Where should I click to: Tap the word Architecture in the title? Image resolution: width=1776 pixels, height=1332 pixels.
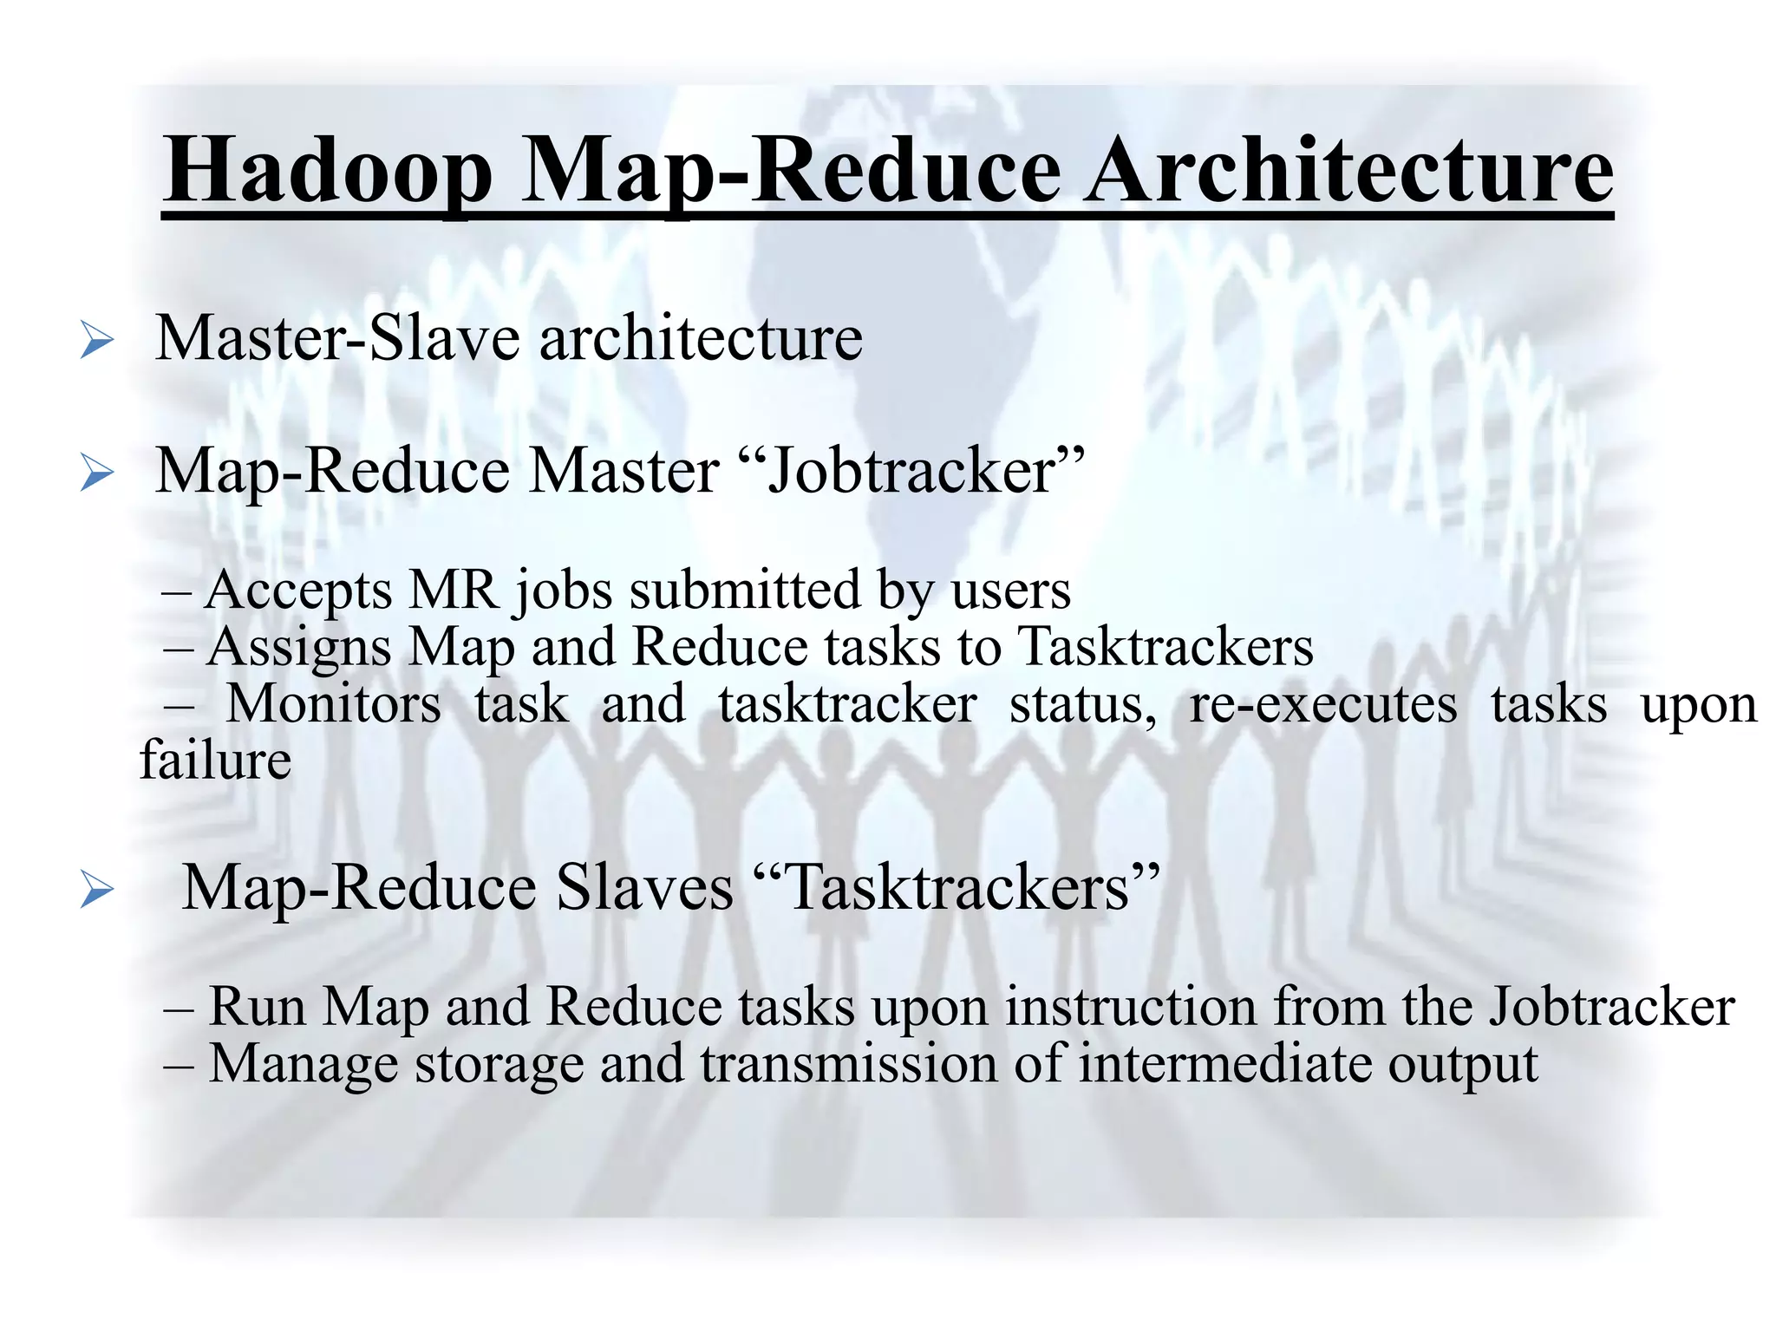[x=1348, y=171]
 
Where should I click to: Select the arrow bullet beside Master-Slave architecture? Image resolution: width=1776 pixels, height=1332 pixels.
[x=96, y=340]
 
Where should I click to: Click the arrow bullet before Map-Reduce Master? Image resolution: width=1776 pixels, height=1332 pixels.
[x=96, y=473]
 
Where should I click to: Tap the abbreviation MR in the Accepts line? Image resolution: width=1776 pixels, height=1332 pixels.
[x=454, y=591]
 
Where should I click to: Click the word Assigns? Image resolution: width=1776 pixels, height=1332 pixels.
[x=298, y=649]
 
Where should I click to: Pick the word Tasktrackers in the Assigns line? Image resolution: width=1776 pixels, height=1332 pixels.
[x=1165, y=647]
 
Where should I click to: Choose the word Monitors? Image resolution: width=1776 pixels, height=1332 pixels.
[x=334, y=703]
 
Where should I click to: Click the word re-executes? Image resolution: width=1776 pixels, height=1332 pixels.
[x=1323, y=703]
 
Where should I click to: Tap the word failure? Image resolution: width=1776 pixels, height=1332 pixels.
[x=216, y=761]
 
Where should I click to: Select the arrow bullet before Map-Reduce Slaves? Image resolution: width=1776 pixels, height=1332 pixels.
[x=96, y=891]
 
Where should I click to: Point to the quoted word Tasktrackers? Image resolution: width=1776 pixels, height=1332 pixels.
[x=957, y=888]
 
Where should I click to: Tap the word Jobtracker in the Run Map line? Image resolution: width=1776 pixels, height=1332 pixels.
[x=1612, y=1007]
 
